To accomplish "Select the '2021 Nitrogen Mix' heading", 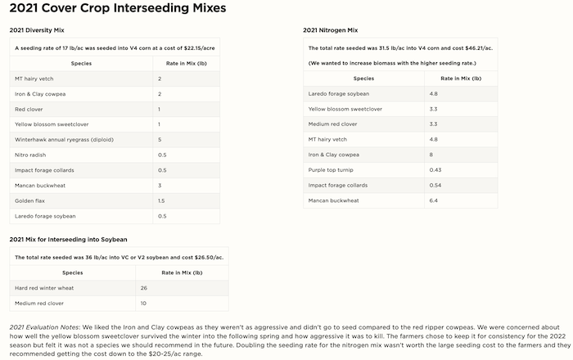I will pos(331,30).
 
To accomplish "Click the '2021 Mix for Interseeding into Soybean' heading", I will pos(68,240).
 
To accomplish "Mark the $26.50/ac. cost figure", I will pos(204,258).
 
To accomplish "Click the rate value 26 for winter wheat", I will pos(144,287).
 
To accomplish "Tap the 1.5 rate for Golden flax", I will pos(160,200).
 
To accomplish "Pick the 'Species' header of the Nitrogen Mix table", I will pos(363,78).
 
